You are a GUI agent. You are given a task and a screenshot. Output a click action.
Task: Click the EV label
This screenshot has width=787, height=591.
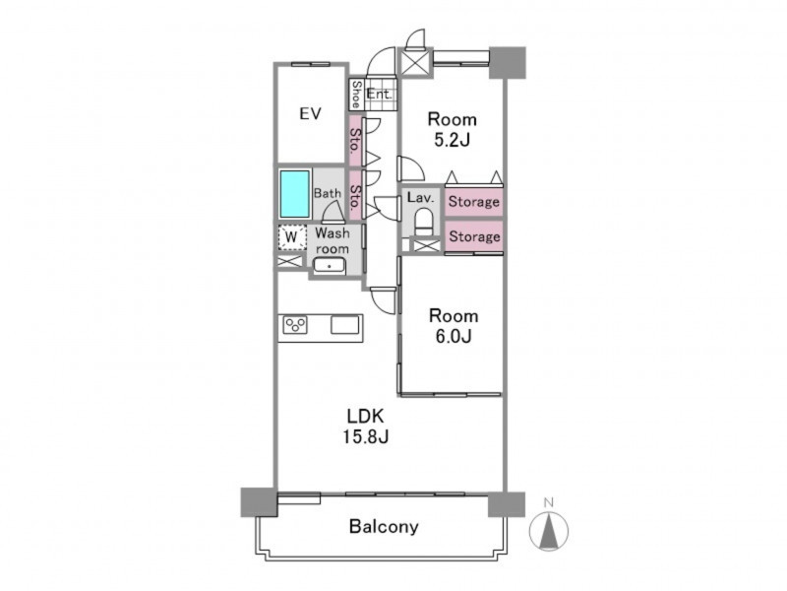click(310, 114)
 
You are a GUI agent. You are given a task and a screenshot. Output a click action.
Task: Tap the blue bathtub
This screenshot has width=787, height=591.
click(294, 194)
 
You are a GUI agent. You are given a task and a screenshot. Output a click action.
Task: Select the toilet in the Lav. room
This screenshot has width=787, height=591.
click(424, 221)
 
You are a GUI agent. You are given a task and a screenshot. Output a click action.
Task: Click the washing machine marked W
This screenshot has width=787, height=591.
click(291, 236)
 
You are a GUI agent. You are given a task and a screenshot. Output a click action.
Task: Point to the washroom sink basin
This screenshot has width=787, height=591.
click(330, 265)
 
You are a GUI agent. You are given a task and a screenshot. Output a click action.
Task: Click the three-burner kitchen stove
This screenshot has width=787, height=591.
click(295, 325)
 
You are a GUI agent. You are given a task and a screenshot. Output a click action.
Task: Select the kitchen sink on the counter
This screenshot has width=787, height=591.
click(345, 325)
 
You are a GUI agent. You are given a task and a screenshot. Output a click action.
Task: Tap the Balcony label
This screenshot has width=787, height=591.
click(384, 527)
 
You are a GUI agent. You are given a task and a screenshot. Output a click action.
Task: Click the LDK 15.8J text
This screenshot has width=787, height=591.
click(365, 427)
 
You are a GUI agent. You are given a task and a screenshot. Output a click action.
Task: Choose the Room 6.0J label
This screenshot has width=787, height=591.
click(454, 326)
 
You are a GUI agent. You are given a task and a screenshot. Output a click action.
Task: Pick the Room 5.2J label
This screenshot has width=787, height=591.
click(452, 129)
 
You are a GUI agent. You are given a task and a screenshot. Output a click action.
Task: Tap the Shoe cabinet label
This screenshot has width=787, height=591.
click(356, 94)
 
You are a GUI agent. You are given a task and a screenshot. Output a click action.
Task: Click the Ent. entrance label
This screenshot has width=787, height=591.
click(379, 94)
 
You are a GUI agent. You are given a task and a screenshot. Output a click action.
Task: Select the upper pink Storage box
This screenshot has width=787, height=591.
click(473, 202)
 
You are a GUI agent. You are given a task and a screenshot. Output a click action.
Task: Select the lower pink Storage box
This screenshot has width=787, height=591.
click(473, 236)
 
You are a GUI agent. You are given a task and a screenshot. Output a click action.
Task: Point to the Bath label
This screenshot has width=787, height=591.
click(328, 193)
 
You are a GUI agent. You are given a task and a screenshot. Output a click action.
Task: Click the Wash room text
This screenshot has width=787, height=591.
click(333, 240)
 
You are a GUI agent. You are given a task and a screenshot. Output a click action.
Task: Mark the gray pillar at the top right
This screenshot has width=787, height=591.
click(508, 63)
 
